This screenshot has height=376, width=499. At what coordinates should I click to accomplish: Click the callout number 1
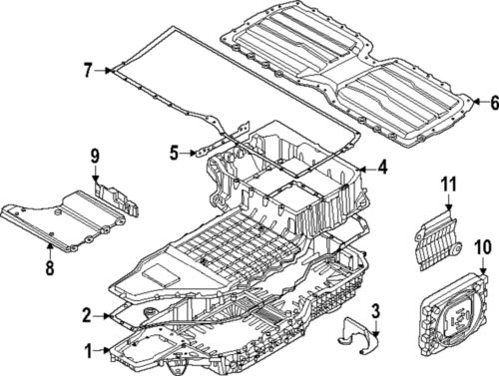(88, 350)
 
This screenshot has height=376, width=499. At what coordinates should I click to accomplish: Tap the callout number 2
(88, 315)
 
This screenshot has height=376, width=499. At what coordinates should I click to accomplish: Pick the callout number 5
(174, 153)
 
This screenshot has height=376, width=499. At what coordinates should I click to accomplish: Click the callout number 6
(486, 101)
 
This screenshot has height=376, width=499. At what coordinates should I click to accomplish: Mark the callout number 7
(88, 69)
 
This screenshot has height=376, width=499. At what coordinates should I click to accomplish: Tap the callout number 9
(95, 156)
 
